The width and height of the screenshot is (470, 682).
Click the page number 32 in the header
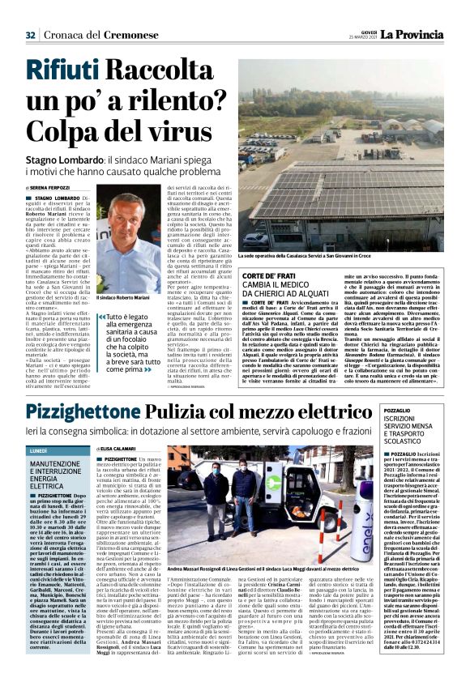point(30,11)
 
